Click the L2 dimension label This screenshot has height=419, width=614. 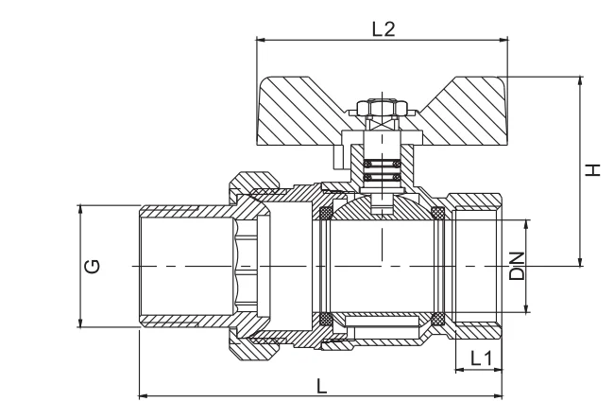tap(383, 28)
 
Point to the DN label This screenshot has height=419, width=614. tap(517, 267)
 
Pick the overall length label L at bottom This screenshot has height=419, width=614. tap(321, 385)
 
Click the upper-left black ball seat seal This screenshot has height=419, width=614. tap(327, 211)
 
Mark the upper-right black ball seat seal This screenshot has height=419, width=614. tap(437, 211)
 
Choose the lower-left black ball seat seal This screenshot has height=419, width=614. tap(327, 317)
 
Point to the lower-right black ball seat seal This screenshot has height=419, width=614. tap(437, 317)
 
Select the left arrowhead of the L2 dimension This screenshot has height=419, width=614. tap(260, 40)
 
